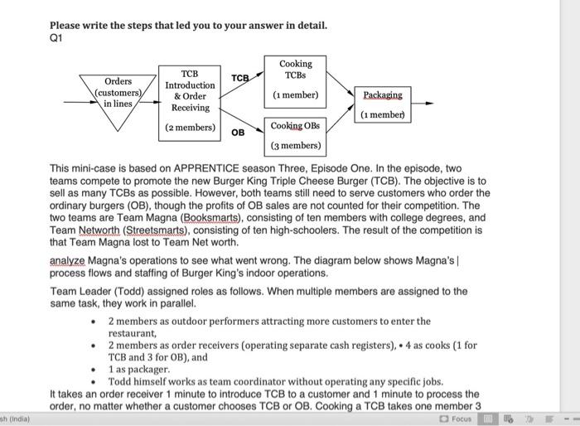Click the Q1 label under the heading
(x=56, y=37)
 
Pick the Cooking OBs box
(x=295, y=135)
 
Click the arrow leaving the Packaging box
(x=421, y=104)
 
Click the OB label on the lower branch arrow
(x=238, y=132)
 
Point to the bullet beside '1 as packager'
(x=95, y=370)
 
